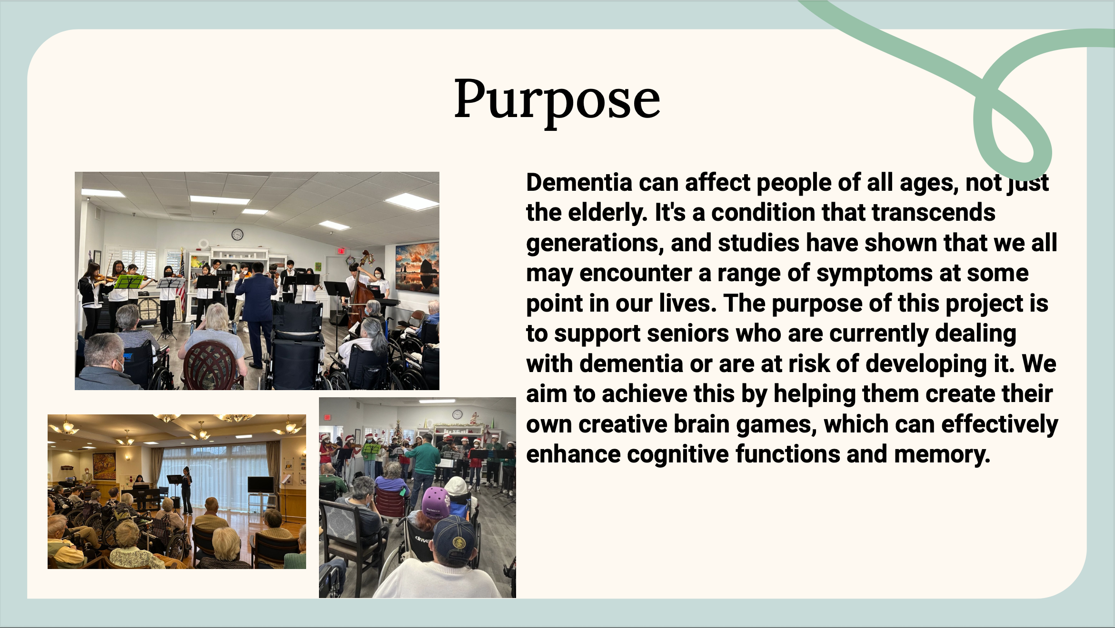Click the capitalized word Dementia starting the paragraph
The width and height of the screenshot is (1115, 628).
point(579,183)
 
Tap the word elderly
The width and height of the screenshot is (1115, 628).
point(607,213)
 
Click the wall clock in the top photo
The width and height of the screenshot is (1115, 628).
point(237,234)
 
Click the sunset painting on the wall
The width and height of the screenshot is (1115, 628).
point(417,267)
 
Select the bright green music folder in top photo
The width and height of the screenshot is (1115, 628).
point(129,282)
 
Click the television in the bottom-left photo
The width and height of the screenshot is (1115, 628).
point(260,485)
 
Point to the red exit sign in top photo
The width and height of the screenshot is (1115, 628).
point(340,251)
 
